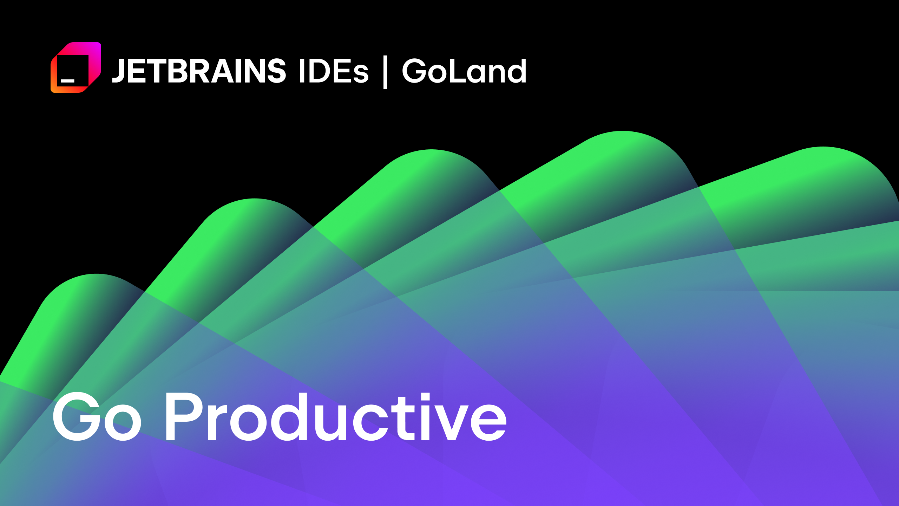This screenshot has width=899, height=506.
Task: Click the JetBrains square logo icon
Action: coord(76,67)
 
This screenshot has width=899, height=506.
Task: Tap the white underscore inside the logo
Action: coord(67,81)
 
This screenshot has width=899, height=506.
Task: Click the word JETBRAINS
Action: coord(199,71)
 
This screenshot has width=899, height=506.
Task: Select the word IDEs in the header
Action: coord(333,71)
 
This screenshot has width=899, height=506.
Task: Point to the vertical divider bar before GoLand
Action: coord(385,72)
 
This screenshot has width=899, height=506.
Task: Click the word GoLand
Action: coord(464,71)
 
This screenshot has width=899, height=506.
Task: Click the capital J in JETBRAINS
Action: coord(119,71)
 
